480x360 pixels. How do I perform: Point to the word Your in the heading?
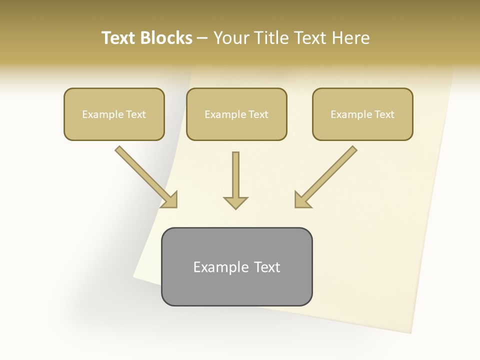click(232, 38)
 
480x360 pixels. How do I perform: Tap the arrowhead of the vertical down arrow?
click(235, 202)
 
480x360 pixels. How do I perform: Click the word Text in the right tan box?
click(384, 114)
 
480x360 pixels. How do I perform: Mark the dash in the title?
click(202, 38)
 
